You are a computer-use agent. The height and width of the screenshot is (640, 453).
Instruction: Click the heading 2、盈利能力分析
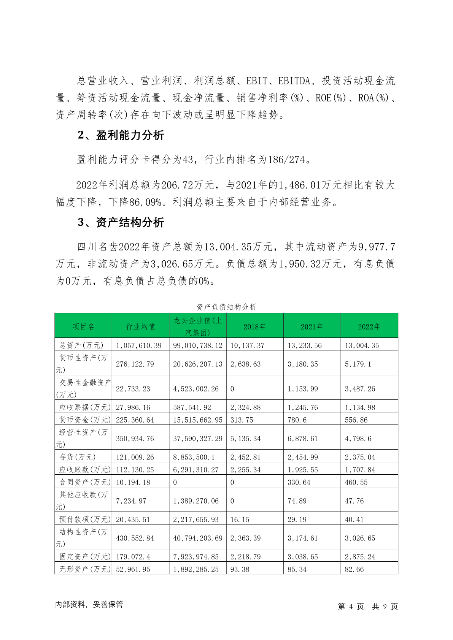(x=121, y=135)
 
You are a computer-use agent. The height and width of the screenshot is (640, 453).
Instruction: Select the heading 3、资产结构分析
(x=121, y=222)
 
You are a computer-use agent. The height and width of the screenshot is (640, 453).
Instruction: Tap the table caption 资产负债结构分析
(x=226, y=307)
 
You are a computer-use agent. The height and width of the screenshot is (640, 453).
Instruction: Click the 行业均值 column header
(x=140, y=326)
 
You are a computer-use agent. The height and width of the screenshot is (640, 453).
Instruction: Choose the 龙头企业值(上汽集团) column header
(x=197, y=326)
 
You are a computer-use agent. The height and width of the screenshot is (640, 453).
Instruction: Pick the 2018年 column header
(x=254, y=326)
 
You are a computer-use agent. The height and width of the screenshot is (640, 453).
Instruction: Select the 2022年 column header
(x=369, y=326)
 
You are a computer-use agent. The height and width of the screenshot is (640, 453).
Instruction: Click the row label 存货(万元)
(x=78, y=457)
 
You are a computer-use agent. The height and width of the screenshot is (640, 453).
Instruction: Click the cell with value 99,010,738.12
(x=197, y=345)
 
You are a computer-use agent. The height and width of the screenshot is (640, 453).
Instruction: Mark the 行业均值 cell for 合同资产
(x=133, y=482)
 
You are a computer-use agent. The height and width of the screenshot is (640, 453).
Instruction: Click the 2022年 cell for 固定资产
(x=360, y=557)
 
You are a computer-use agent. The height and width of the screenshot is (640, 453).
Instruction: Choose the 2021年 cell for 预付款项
(x=297, y=520)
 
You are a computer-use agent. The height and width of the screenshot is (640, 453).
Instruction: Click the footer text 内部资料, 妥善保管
(x=89, y=604)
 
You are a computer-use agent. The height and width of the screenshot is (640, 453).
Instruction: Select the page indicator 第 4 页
(x=351, y=607)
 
